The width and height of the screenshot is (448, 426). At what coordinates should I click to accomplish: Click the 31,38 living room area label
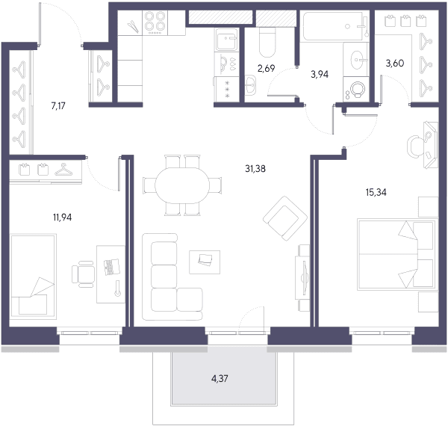pyautogui.click(x=255, y=169)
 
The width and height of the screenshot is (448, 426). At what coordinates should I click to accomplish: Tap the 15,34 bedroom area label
pyautogui.click(x=376, y=192)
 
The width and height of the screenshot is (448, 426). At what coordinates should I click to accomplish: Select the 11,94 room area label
pyautogui.click(x=62, y=217)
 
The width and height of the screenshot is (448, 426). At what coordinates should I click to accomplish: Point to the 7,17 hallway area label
pyautogui.click(x=58, y=106)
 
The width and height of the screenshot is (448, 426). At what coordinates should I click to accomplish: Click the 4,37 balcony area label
pyautogui.click(x=220, y=379)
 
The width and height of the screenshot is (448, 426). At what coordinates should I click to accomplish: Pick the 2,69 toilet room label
pyautogui.click(x=266, y=68)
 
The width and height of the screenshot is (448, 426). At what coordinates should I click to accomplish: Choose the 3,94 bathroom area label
pyautogui.click(x=320, y=74)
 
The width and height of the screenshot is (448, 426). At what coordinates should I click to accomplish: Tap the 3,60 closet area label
pyautogui.click(x=394, y=64)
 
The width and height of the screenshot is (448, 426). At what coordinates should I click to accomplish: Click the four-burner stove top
pyautogui.click(x=155, y=23)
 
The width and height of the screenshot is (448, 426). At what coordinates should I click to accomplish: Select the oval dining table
pyautogui.click(x=182, y=185)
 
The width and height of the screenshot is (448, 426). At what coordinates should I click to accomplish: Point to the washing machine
pyautogui.click(x=355, y=89)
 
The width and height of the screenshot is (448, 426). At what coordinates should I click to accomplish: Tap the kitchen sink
pyautogui.click(x=226, y=40)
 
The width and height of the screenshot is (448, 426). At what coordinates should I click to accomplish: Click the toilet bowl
pyautogui.click(x=267, y=42)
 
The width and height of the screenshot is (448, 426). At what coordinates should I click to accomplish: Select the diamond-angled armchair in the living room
pyautogui.click(x=285, y=218)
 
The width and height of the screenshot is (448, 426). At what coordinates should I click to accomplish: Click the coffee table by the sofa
pyautogui.click(x=205, y=262)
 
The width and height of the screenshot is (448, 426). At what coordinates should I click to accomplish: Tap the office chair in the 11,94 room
pyautogui.click(x=83, y=274)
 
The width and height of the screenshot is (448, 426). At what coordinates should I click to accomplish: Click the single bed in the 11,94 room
pyautogui.click(x=33, y=277)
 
